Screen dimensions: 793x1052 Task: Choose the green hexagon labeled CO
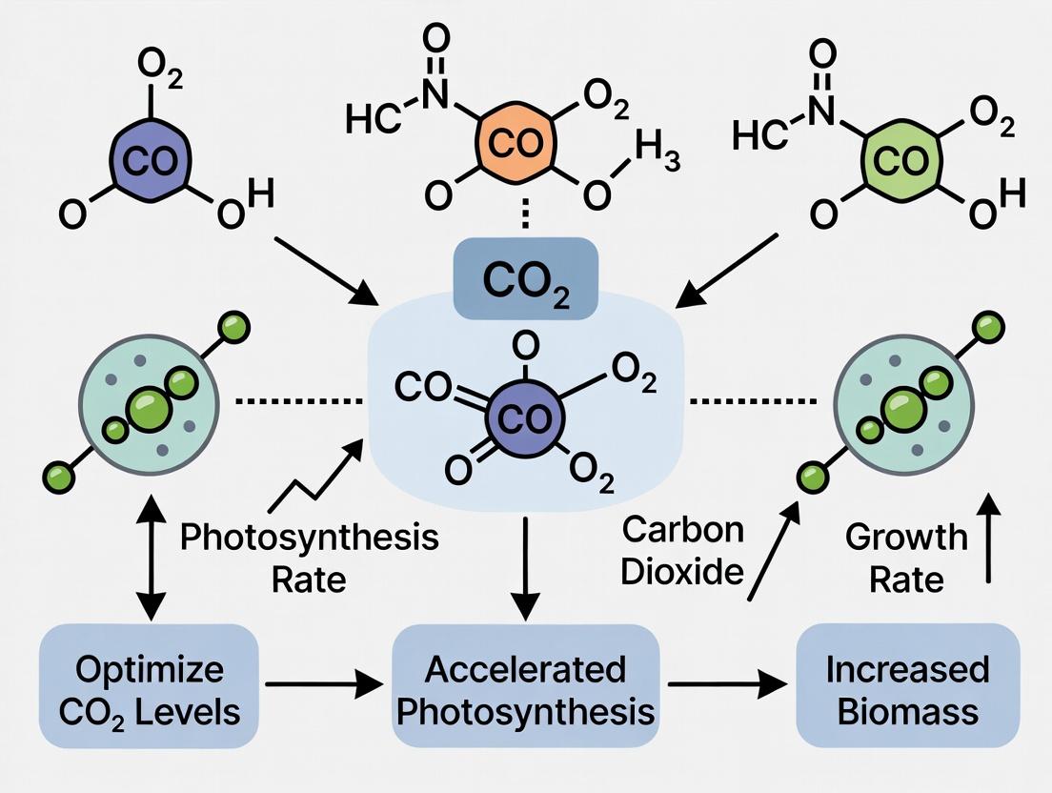point(900,160)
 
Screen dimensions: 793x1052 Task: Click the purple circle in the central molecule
point(525,417)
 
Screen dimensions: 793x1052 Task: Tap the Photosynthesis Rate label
point(309,557)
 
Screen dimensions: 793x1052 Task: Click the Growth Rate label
point(905,558)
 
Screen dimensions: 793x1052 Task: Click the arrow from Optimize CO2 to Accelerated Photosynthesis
point(321,684)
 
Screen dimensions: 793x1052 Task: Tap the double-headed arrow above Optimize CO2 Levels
point(148,557)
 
